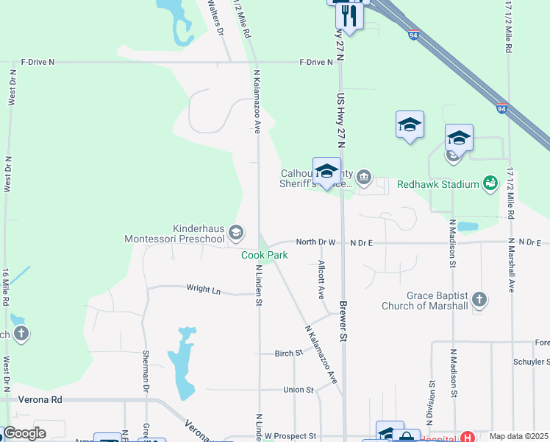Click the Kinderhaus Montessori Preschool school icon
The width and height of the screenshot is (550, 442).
(236, 234)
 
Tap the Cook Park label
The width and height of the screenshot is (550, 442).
(265, 255)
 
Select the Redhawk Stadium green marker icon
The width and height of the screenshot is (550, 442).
(490, 183)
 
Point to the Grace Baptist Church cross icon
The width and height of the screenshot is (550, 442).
(479, 299)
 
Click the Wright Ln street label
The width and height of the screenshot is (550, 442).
(204, 290)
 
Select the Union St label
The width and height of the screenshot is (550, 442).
(298, 390)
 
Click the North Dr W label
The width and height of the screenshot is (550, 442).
(315, 242)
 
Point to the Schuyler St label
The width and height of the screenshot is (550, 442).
(533, 362)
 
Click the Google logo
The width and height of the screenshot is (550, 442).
(24, 433)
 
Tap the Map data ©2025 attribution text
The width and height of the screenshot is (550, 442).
(518, 436)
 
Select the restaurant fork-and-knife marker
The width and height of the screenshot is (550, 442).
(349, 15)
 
